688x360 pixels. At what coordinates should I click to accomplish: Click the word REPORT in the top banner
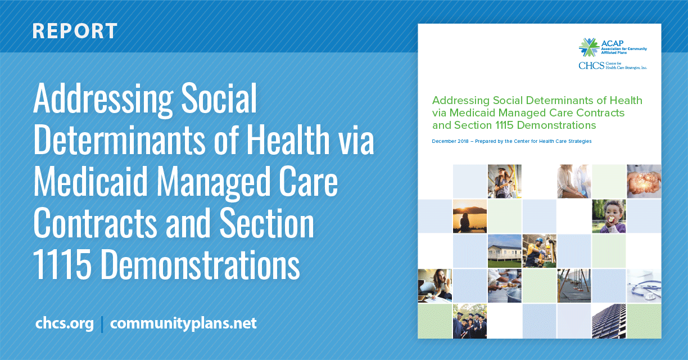pyautogui.click(x=75, y=31)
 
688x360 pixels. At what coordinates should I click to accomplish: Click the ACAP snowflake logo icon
pyautogui.click(x=589, y=47)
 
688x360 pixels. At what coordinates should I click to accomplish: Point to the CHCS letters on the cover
pyautogui.click(x=591, y=65)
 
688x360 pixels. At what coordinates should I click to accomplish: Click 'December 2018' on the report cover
pyautogui.click(x=450, y=141)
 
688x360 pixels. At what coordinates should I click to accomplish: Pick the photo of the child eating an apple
pyautogui.click(x=609, y=216)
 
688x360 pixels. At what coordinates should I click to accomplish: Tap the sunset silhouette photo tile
pyautogui.click(x=469, y=216)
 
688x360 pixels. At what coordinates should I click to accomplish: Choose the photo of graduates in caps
pyautogui.click(x=469, y=321)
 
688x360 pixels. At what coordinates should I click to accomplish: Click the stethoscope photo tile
pyautogui.click(x=644, y=286)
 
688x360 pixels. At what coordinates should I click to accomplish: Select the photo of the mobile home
pyautogui.click(x=505, y=251)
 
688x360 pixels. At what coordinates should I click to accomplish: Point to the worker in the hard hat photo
pyautogui.click(x=540, y=251)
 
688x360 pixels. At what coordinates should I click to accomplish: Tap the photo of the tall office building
pyautogui.click(x=609, y=321)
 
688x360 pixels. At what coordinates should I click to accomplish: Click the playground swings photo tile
pyautogui.click(x=574, y=286)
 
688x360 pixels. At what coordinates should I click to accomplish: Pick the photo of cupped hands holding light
pyautogui.click(x=644, y=181)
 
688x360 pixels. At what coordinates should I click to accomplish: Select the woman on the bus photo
pyautogui.click(x=505, y=181)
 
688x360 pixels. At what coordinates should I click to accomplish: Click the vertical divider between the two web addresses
pyautogui.click(x=102, y=325)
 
